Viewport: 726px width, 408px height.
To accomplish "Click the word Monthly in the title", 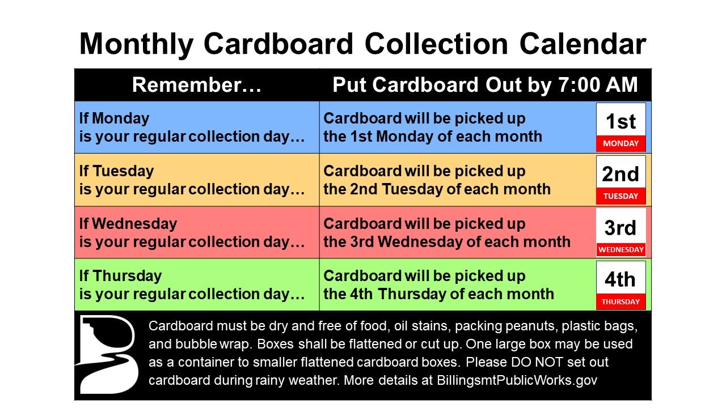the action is pos(137,45).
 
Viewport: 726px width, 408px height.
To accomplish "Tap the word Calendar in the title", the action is pos(583,44).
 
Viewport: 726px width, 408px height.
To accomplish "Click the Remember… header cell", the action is pos(196,85).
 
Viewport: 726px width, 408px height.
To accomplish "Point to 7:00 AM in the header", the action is pos(598,85).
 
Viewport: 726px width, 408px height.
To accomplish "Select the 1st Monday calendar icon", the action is pos(621,127).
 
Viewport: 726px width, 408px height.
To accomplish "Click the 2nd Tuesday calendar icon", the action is pos(621,180).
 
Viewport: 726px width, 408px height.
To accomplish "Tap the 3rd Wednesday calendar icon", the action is pos(621,232).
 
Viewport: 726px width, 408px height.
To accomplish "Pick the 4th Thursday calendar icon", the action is pos(621,285).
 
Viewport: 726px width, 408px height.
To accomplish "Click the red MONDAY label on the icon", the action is pos(621,143).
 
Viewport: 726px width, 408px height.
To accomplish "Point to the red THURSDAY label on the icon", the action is pos(621,302).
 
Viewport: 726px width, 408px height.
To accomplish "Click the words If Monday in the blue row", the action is pos(114,118).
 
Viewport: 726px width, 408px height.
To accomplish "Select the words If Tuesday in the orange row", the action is pos(116,171).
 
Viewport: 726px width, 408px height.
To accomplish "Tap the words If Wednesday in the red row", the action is pos(128,224).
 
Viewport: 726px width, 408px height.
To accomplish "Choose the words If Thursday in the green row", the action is pos(120,276).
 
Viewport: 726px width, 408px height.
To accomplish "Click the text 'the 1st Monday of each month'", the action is pos(433,137).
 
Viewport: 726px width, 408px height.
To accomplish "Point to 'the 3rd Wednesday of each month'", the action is pos(447,242).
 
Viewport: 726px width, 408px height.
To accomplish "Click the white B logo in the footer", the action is pos(107,355).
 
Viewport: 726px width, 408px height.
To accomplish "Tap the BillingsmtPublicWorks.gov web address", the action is pos(517,380).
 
